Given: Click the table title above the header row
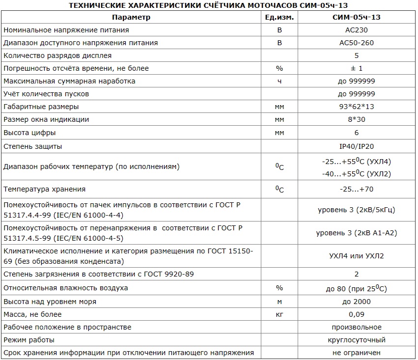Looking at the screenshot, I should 209,5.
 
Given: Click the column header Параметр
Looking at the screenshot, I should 131,17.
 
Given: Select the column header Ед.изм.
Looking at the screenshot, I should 279,17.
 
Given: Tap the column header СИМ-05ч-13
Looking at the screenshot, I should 356,17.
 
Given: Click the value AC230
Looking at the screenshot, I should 356,30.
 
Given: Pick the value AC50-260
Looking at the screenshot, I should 356,43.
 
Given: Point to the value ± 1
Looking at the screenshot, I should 356,68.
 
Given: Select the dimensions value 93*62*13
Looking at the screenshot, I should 356,107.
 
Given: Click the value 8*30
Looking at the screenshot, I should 356,119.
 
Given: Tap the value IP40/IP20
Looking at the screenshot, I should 356,146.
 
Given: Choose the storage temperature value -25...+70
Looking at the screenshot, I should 356,189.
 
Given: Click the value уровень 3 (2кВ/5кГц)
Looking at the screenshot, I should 356,210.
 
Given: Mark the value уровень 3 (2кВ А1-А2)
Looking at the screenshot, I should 356,233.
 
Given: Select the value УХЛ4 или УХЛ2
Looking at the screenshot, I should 356,256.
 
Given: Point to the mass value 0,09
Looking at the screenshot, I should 356,314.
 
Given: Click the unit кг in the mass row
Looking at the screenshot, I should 279,314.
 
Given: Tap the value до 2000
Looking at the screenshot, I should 356,302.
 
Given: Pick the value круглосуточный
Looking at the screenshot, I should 356,340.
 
